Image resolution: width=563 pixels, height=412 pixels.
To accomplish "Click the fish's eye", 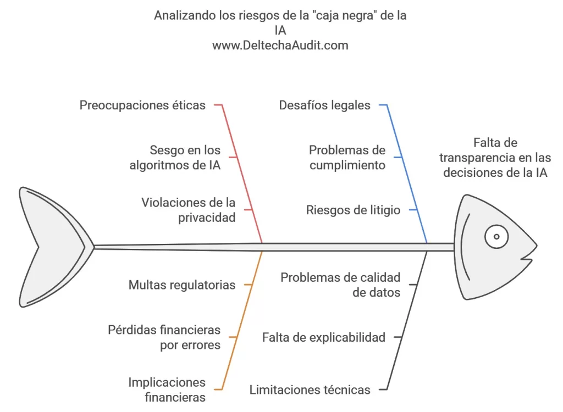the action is [496, 237].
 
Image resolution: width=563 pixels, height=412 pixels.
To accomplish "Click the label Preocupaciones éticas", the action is [142, 105].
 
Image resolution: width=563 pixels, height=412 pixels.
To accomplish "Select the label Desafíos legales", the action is [324, 105].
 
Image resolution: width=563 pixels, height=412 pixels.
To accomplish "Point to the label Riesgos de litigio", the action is [353, 210].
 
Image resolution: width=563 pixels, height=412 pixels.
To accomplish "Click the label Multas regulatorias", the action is [182, 285].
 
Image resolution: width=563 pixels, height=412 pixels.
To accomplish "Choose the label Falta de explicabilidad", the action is [324, 337].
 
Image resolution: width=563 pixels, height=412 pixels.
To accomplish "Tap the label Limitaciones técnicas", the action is [310, 389].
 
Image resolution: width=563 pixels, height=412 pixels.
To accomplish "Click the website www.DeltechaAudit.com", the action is [280, 45].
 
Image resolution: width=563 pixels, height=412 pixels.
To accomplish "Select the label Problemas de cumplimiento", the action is [347, 158].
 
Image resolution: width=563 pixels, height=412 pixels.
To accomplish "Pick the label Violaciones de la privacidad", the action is [189, 210].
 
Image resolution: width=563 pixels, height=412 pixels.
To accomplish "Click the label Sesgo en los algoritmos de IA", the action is [175, 158].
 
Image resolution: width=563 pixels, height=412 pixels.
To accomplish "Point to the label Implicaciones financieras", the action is [167, 389].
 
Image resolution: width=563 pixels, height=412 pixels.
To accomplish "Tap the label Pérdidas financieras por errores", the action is [164, 337].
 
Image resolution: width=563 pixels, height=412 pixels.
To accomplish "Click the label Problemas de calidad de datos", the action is [340, 285].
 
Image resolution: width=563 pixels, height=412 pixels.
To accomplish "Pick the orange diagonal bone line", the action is [242, 320].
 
